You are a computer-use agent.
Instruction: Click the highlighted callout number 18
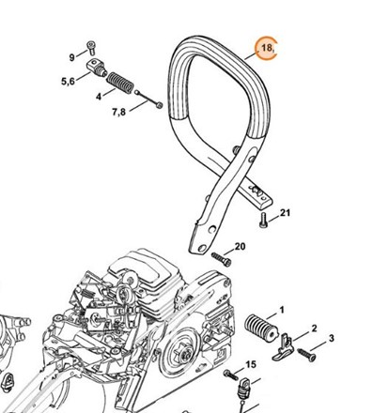pos(267,48)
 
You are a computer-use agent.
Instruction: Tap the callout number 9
pos(72,57)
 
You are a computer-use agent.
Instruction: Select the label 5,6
pos(68,82)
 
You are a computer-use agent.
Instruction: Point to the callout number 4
pos(99,97)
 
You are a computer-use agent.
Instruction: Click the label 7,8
pos(118,112)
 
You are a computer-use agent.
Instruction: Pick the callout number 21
pos(285,213)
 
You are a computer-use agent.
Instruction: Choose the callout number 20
pos(240,247)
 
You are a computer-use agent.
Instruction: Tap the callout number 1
pos(282,310)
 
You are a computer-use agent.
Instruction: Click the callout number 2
pos(314,329)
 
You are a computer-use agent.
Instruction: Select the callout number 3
pos(331,338)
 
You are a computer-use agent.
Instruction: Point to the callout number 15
pos(251,364)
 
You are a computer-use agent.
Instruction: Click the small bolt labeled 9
pos(91,47)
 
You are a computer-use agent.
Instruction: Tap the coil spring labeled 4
pos(120,83)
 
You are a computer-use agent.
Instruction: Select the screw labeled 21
pos(263,220)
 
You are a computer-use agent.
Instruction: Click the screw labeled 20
pos(222,259)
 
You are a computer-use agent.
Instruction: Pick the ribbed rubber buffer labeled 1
pos(261,328)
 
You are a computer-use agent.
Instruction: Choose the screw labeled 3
pos(306,355)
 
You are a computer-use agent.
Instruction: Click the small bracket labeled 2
pos(283,348)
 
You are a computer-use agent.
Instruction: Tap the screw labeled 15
pos(231,375)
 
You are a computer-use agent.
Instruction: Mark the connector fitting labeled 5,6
pos(96,68)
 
